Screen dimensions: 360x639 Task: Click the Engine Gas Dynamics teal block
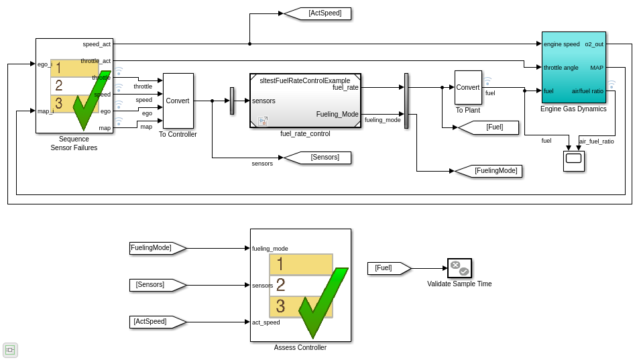pyautogui.click(x=573, y=67)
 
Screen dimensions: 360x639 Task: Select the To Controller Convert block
pyautogui.click(x=178, y=101)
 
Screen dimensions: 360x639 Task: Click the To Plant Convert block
pyautogui.click(x=468, y=87)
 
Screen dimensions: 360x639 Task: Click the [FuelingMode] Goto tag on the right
pyautogui.click(x=490, y=171)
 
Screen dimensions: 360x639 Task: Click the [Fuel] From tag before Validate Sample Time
pyautogui.click(x=388, y=268)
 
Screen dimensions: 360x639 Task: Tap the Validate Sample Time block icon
pyautogui.click(x=459, y=268)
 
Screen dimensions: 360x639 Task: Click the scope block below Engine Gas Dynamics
pyautogui.click(x=574, y=161)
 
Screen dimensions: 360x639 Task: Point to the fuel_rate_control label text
pyautogui.click(x=305, y=134)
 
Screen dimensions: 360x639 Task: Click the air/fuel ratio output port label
pyautogui.click(x=587, y=91)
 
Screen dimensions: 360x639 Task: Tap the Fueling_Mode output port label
pyautogui.click(x=337, y=114)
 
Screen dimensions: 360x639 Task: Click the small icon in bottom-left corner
pyautogui.click(x=10, y=349)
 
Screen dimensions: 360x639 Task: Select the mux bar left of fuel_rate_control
pyautogui.click(x=232, y=101)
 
